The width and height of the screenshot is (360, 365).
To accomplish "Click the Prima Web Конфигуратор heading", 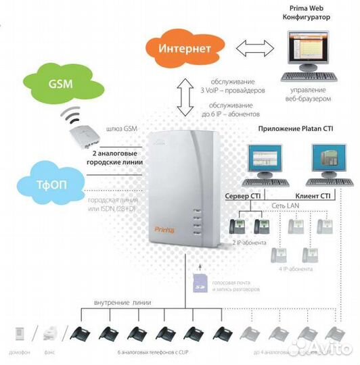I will tap(307, 13).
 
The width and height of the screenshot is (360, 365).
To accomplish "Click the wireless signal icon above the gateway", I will tap(70, 114).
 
